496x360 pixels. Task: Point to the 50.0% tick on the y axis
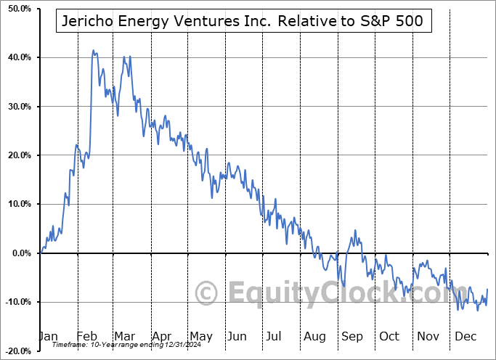pyautogui.click(x=18, y=9)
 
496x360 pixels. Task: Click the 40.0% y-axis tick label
pyautogui.click(x=18, y=57)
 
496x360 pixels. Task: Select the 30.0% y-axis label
pyautogui.click(x=18, y=107)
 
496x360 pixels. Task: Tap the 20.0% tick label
pyautogui.click(x=18, y=155)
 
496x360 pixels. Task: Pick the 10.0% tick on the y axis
pyautogui.click(x=18, y=204)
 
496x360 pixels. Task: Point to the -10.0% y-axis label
pyautogui.click(x=17, y=302)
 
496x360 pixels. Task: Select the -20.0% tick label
pyautogui.click(x=17, y=351)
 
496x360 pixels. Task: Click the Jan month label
pyautogui.click(x=47, y=336)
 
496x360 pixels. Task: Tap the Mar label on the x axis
pyautogui.click(x=125, y=336)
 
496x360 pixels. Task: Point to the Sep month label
pyautogui.click(x=352, y=336)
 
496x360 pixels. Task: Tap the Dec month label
pyautogui.click(x=465, y=336)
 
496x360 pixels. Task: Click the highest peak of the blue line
pyautogui.click(x=93, y=51)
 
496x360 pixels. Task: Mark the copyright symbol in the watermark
pyautogui.click(x=206, y=294)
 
